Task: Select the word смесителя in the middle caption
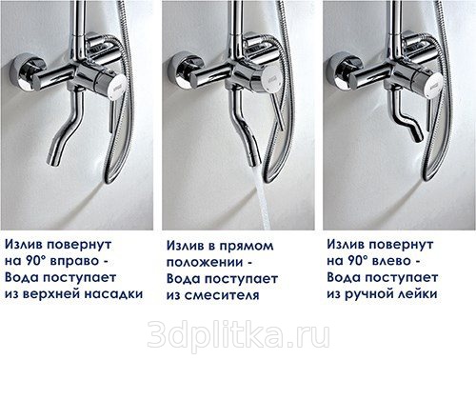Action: click(222, 295)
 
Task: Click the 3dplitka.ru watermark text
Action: click(238, 335)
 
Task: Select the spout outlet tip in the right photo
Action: click(418, 137)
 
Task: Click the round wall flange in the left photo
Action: click(22, 73)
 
